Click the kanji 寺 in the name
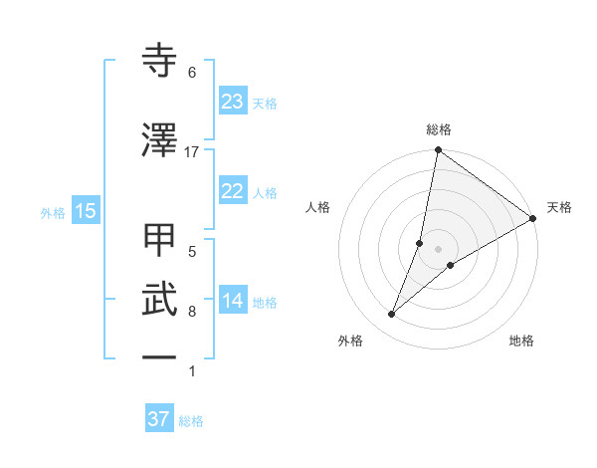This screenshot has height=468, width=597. click(160, 61)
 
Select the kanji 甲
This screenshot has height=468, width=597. click(160, 240)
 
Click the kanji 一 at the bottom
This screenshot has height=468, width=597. click(160, 355)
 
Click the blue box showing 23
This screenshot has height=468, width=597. click(232, 102)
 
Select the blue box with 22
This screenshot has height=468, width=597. click(232, 192)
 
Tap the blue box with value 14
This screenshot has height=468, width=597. click(232, 302)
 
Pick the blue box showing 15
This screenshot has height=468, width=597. click(85, 211)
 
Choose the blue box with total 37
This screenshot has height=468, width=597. click(159, 419)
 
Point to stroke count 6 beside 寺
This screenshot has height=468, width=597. click(192, 73)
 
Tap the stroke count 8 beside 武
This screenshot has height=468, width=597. click(192, 312)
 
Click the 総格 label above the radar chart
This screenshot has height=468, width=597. click(439, 129)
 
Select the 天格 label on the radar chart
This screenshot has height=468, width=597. click(559, 207)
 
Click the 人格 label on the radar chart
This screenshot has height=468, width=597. click(318, 207)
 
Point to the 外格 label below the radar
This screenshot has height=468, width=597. click(350, 341)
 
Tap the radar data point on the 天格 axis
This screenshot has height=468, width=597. click(533, 218)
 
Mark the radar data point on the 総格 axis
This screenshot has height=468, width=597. click(439, 151)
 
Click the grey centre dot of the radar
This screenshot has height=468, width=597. click(439, 249)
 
